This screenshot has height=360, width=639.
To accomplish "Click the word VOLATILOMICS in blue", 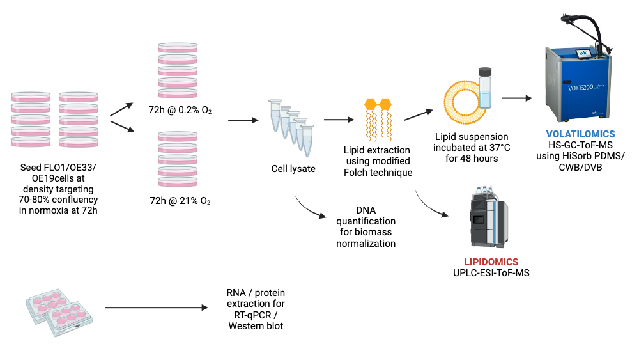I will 580,134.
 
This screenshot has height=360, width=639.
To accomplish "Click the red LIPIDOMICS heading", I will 491,262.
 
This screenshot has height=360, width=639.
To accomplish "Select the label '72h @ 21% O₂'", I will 180,201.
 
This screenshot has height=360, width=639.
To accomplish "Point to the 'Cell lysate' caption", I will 293,169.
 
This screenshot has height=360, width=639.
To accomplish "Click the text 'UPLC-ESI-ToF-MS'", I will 491,274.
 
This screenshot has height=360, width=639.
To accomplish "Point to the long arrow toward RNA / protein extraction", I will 157,308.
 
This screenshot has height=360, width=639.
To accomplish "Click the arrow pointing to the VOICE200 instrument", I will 517,98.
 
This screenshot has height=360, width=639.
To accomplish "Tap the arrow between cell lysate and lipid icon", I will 338,120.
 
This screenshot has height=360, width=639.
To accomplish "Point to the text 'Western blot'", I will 256,326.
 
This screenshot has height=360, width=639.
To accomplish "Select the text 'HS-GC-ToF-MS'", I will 580,146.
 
